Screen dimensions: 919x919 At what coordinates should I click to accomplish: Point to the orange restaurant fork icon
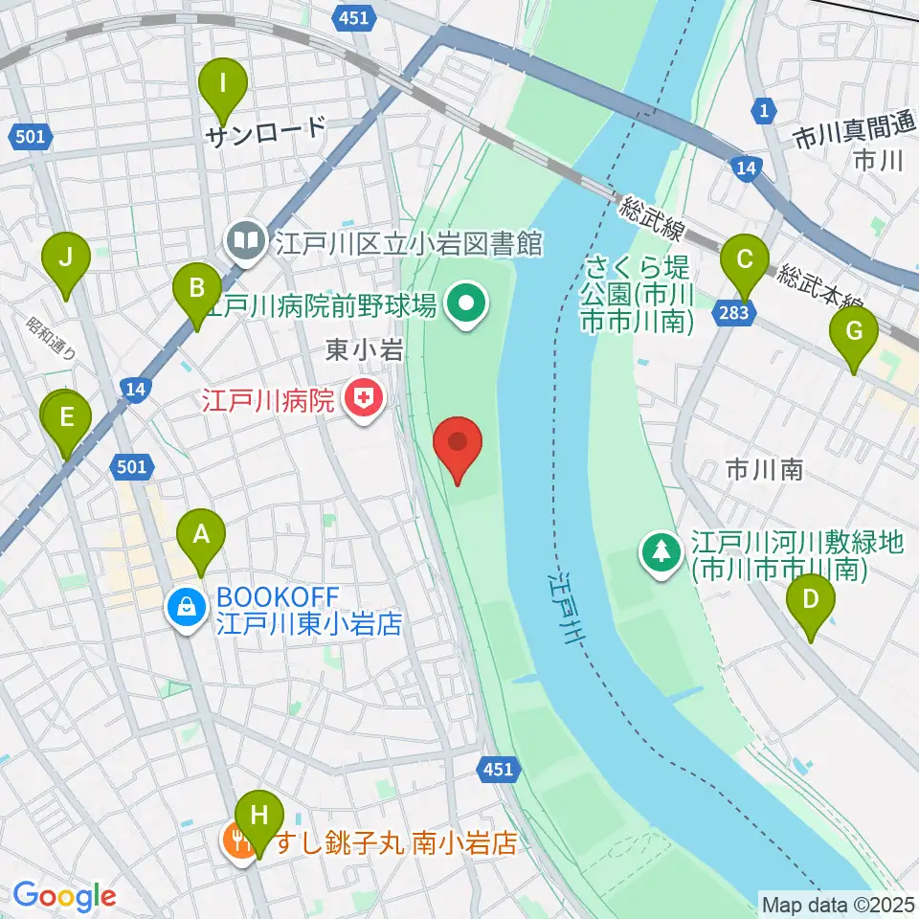[x=236, y=841]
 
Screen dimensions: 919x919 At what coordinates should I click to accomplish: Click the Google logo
[x=64, y=897]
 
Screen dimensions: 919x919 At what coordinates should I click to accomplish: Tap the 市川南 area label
[x=763, y=469]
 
